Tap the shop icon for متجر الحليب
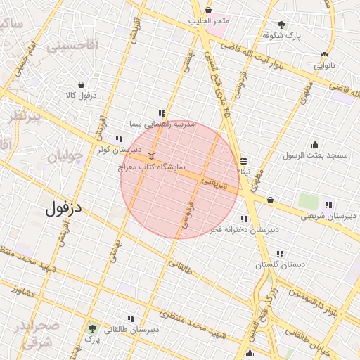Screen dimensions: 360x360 pyautogui.click(x=209, y=10)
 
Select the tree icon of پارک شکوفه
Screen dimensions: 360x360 pyautogui.click(x=282, y=25)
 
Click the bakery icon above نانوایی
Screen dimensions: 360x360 pyautogui.click(x=324, y=55)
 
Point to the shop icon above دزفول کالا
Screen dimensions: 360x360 pyautogui.click(x=82, y=84)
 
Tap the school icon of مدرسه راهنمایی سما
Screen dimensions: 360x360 pyautogui.click(x=162, y=113)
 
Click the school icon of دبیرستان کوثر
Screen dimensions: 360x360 pyautogui.click(x=118, y=139)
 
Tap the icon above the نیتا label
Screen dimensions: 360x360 pyautogui.click(x=243, y=161)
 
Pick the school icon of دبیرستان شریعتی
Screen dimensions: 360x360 pyautogui.click(x=328, y=205)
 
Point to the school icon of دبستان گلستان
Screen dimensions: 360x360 pyautogui.click(x=280, y=254)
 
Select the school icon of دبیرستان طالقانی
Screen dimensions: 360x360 pyautogui.click(x=132, y=318)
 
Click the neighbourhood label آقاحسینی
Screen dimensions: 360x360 pyautogui.click(x=73, y=46)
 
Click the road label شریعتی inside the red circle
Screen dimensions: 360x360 pyautogui.click(x=216, y=184)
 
